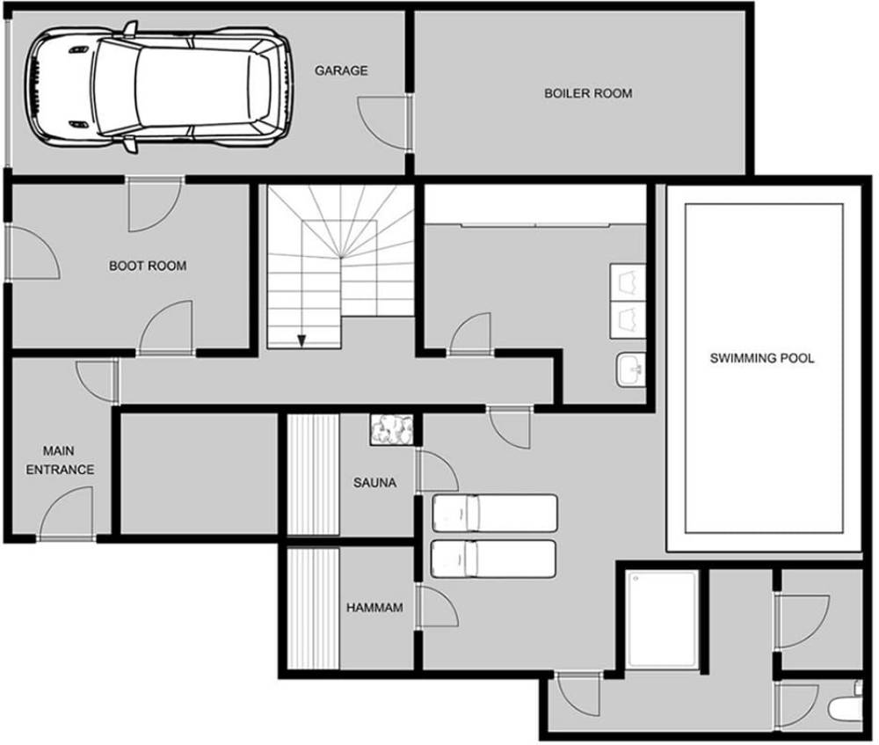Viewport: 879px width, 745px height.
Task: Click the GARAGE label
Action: click(341, 70)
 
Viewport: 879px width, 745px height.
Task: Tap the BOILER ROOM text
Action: click(588, 93)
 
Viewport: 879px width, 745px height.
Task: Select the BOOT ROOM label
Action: click(148, 266)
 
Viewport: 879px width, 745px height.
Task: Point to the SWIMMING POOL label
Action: click(762, 358)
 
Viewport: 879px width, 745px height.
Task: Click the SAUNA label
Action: click(374, 483)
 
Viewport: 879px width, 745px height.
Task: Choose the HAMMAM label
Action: click(374, 608)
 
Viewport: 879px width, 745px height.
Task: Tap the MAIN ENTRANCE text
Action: click(60, 460)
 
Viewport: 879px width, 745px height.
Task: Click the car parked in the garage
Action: click(157, 87)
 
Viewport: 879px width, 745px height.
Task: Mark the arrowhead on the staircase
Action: click(301, 340)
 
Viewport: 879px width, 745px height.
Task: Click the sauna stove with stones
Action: click(392, 430)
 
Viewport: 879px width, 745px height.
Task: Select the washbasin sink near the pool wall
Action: click(631, 369)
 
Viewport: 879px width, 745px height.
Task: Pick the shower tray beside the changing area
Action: click(662, 620)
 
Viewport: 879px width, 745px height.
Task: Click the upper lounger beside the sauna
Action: click(494, 513)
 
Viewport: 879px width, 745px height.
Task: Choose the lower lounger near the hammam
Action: click(493, 559)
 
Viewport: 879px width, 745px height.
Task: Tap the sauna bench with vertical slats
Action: click(313, 475)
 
